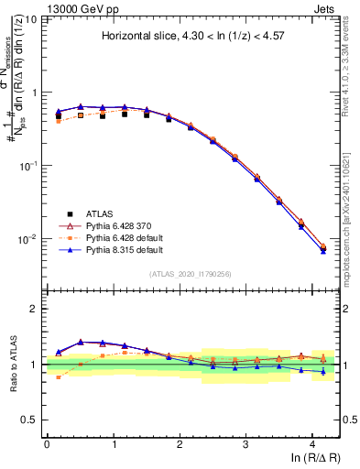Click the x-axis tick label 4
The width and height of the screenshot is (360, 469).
point(312,443)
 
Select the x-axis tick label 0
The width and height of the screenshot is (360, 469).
point(47,443)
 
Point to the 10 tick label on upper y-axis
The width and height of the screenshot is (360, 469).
point(29,19)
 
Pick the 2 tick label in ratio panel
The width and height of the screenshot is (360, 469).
point(35,309)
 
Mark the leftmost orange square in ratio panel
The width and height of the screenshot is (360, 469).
point(59,376)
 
